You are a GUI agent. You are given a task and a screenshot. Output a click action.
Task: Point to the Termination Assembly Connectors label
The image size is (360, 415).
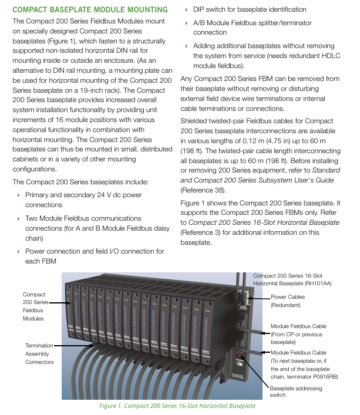39,354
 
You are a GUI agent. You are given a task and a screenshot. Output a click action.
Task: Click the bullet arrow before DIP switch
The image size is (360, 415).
187,10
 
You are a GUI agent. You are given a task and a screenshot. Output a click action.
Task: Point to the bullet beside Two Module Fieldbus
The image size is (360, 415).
18,219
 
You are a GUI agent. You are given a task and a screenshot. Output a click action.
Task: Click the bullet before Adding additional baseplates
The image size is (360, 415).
187,46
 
